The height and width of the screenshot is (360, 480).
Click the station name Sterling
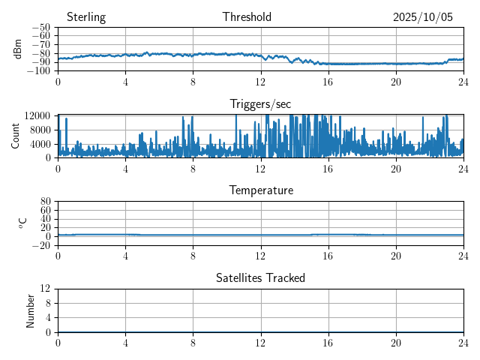pyautogui.click(x=86, y=17)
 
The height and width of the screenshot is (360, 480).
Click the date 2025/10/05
pyautogui.click(x=423, y=17)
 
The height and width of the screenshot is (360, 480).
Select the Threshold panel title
pyautogui.click(x=247, y=17)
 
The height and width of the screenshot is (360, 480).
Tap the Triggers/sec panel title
pyautogui.click(x=260, y=104)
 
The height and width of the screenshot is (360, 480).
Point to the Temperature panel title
pyautogui.click(x=260, y=190)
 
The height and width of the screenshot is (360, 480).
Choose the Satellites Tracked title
pyautogui.click(x=260, y=277)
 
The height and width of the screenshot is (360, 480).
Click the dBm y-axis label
pyautogui.click(x=18, y=49)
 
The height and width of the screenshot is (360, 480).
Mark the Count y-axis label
pyautogui.click(x=15, y=136)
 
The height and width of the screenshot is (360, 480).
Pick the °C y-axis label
pyautogui.click(x=22, y=223)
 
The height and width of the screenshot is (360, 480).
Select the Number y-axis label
pyautogui.click(x=31, y=310)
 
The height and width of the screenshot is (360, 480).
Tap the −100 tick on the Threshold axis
pyautogui.click(x=40, y=71)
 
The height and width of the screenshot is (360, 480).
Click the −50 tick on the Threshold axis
pyautogui.click(x=42, y=27)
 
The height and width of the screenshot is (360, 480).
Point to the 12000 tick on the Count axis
pyautogui.click(x=37, y=115)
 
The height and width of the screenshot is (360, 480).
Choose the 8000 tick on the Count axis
pyautogui.click(x=40, y=129)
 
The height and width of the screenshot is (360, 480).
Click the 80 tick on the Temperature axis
pyautogui.click(x=46, y=202)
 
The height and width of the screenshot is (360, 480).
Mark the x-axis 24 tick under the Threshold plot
pyautogui.click(x=463, y=82)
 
